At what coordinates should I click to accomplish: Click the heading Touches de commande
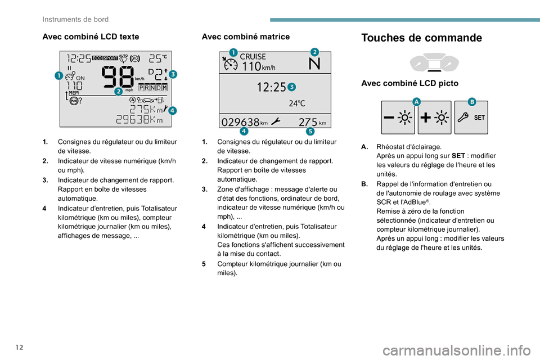click(x=421, y=38)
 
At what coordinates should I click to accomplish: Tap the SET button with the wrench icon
click(x=471, y=118)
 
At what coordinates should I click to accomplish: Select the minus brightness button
click(x=397, y=118)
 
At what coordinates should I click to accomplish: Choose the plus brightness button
click(x=434, y=118)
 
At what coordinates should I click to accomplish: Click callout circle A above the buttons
click(x=416, y=101)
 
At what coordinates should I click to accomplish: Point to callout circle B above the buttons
click(x=471, y=101)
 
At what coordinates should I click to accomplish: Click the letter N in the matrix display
click(x=315, y=64)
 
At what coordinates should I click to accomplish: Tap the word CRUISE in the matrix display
click(x=253, y=57)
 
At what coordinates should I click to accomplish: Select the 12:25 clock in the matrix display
click(x=271, y=87)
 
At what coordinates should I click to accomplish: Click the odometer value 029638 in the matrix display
click(x=241, y=121)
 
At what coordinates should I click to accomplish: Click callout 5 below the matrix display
click(x=310, y=132)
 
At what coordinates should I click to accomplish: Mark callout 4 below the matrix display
click(x=244, y=132)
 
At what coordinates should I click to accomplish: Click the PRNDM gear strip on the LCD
click(x=153, y=87)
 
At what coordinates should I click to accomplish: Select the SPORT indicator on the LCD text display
click(x=110, y=57)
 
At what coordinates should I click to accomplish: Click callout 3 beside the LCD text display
click(x=172, y=74)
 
